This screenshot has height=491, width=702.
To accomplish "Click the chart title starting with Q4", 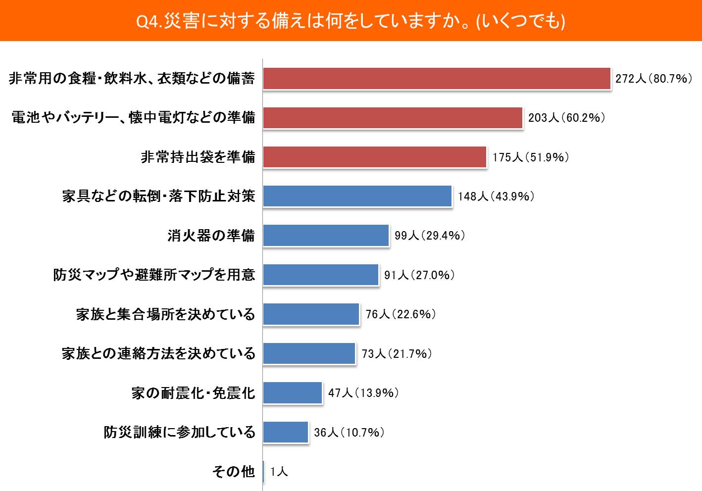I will click(351, 21).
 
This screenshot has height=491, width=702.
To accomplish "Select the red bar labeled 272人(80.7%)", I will click(436, 79).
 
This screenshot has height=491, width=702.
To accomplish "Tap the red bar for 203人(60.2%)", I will click(393, 118).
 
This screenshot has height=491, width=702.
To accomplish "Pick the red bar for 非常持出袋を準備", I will click(374, 157).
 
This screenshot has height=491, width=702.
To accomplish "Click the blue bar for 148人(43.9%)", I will click(357, 196).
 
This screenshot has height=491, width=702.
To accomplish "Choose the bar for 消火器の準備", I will click(326, 236).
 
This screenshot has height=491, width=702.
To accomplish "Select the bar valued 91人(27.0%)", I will click(320, 275).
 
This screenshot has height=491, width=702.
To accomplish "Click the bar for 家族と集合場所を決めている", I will click(311, 314).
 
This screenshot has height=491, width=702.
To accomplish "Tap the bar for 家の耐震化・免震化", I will click(293, 393).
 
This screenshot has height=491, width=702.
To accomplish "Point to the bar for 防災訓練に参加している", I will click(286, 432).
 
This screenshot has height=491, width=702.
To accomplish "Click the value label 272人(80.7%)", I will click(653, 79).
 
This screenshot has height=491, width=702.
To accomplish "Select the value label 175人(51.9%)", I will click(530, 157).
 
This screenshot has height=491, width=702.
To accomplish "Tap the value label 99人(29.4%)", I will click(430, 236).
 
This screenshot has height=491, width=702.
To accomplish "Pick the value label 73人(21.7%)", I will click(397, 353).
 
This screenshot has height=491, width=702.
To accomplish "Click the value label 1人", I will click(279, 472).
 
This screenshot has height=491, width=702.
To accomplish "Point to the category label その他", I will click(234, 472).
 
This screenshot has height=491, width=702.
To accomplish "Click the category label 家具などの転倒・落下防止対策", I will click(159, 196).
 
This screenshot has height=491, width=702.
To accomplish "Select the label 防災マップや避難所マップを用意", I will click(154, 275).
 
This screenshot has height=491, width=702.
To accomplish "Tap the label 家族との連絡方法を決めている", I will click(159, 353).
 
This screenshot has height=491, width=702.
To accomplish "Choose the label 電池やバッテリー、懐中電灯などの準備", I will click(134, 118).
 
